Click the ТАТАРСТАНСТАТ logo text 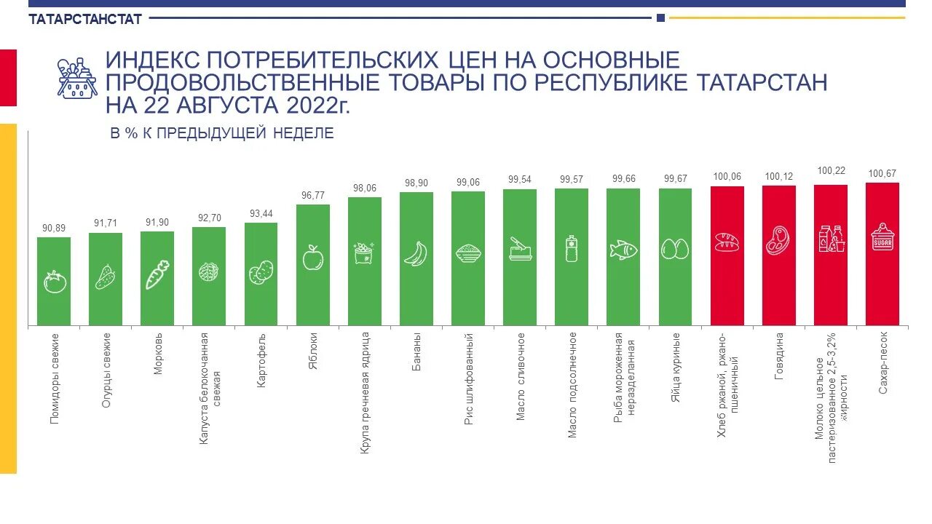(85, 20)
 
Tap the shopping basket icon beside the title (77, 78)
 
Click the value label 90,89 (54, 229)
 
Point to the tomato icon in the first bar (55, 282)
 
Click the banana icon (416, 253)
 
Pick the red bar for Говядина (779, 255)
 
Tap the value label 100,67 (882, 173)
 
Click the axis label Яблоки (313, 351)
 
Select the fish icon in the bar (623, 249)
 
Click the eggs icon (675, 249)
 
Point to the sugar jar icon (882, 237)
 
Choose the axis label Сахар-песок (883, 364)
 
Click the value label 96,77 (313, 195)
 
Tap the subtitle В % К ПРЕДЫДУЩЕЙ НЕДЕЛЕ (222, 133)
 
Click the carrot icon (157, 274)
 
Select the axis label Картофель (261, 361)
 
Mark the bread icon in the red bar (727, 242)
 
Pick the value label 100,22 (831, 171)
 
